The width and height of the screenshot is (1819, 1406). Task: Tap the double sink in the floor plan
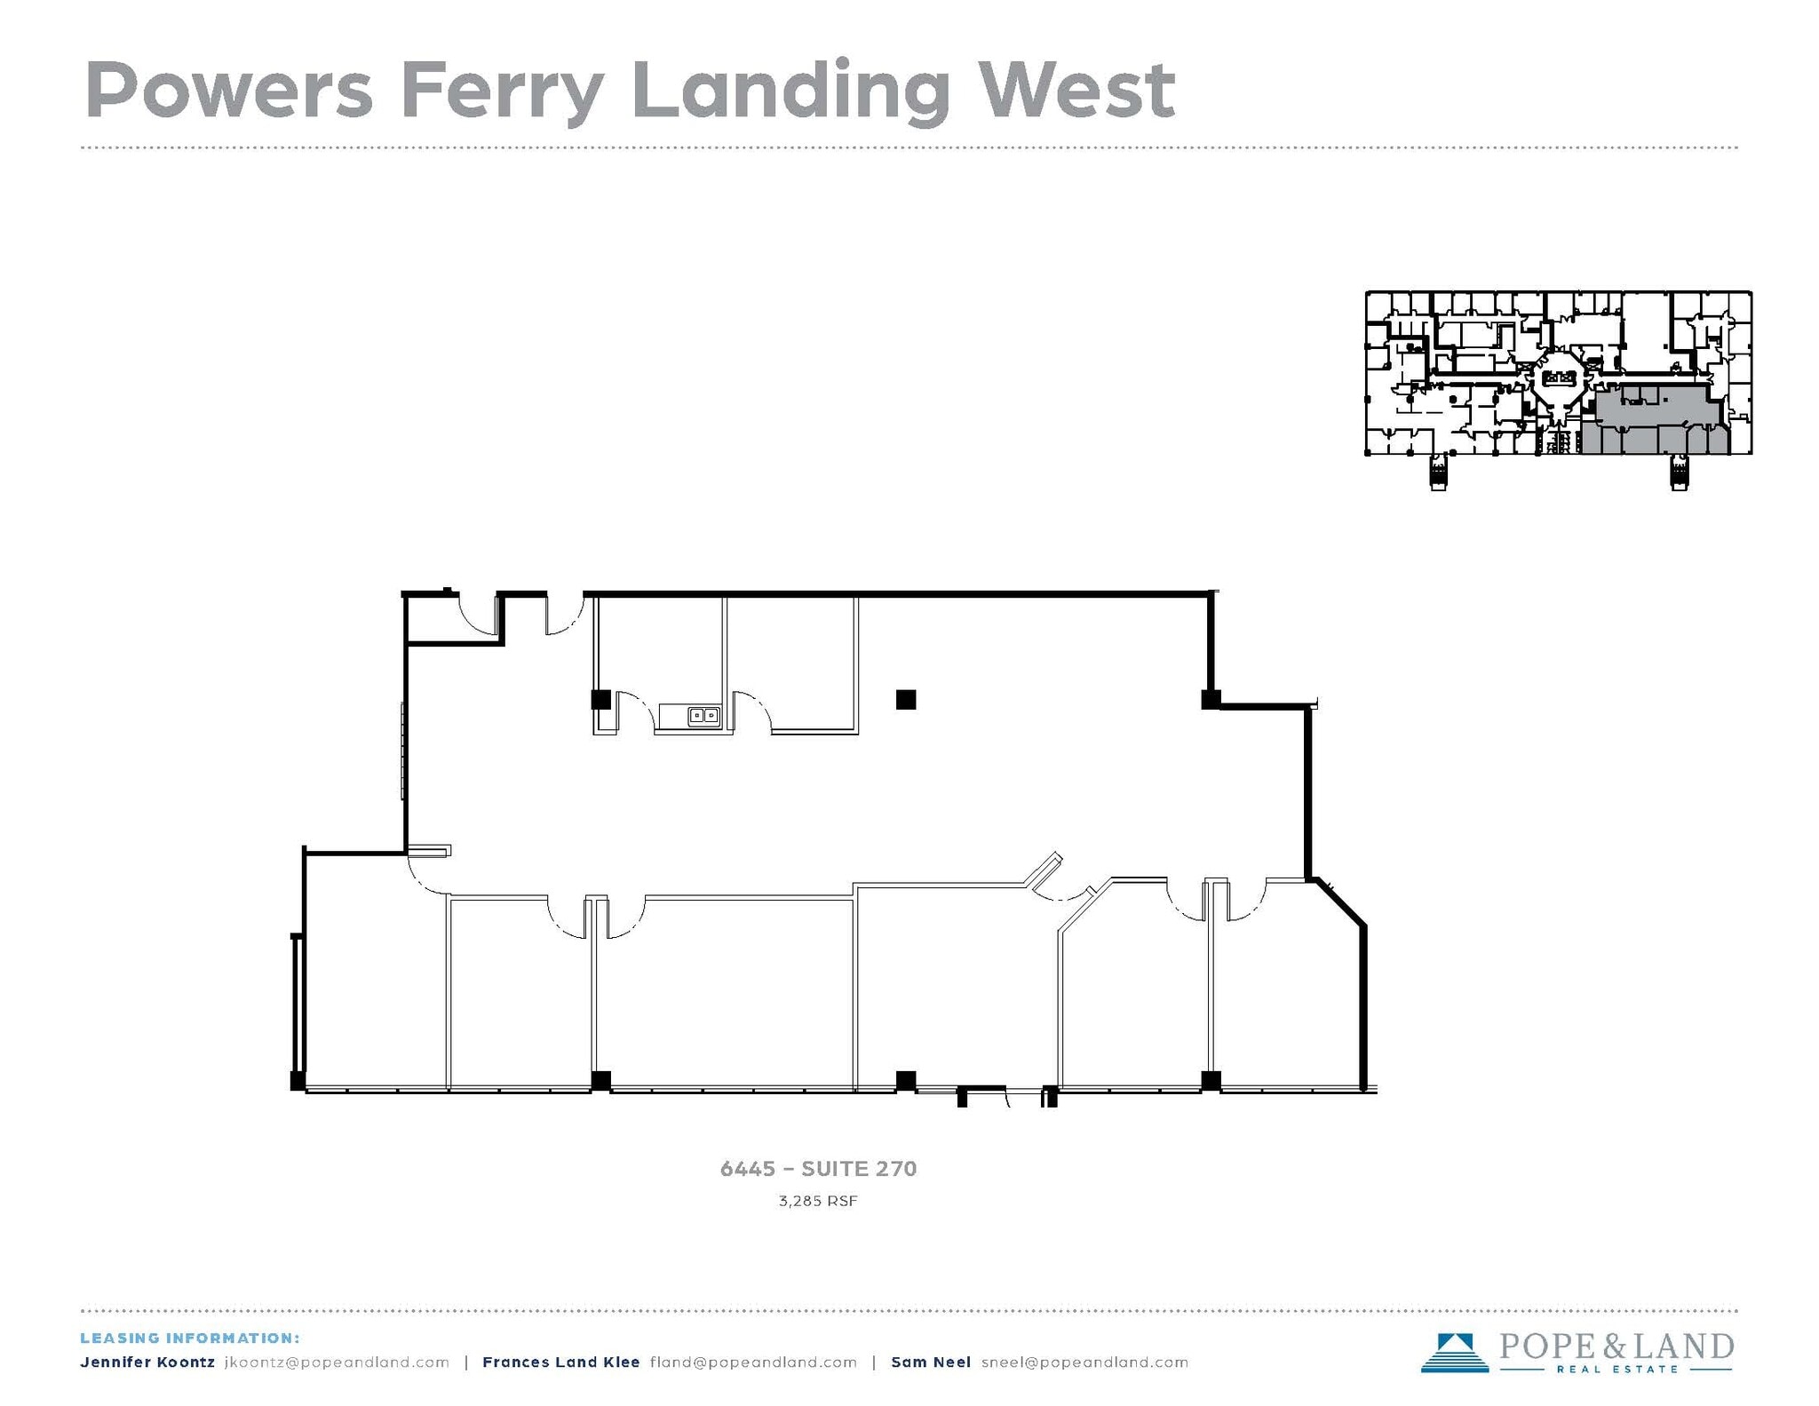coord(703,715)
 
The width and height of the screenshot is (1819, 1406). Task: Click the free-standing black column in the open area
coord(905,700)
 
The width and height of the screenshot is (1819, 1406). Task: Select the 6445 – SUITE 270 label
coord(818,1169)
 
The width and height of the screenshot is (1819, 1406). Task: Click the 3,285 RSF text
coord(818,1202)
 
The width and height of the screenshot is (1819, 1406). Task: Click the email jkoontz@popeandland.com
coord(337,1362)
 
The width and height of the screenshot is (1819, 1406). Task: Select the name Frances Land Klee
coord(560,1362)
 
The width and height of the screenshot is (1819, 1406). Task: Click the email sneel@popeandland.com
coord(1084,1362)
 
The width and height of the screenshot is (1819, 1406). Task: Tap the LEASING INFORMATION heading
coord(190,1338)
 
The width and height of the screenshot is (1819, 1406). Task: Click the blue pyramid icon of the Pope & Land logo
coord(1454,1352)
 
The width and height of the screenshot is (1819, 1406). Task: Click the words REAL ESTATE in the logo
coord(1617,1369)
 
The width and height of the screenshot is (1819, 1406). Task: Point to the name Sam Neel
coord(930,1362)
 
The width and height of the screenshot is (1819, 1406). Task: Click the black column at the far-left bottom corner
coord(298,1081)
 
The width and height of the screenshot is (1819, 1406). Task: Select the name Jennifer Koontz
coord(147,1362)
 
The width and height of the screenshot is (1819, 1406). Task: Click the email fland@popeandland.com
coord(753,1362)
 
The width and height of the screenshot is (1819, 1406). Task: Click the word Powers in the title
coord(229,91)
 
